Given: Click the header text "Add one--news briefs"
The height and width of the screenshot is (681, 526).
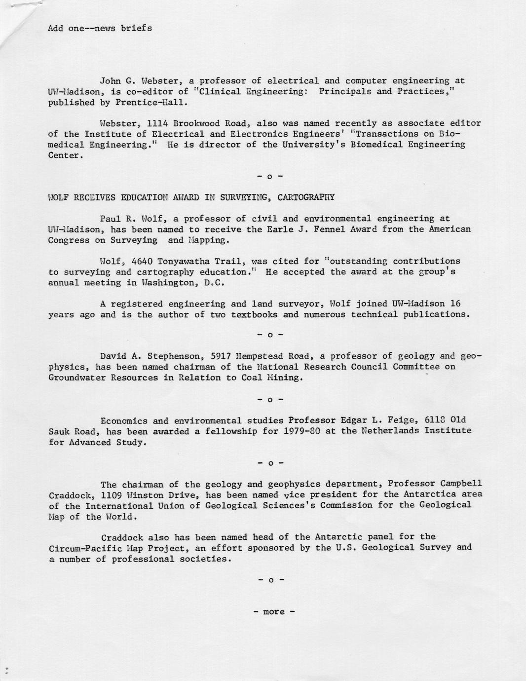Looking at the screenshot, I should [100, 28].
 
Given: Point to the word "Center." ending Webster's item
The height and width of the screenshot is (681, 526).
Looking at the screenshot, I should [64, 155].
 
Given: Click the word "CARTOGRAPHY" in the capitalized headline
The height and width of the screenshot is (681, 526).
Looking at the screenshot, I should [306, 197].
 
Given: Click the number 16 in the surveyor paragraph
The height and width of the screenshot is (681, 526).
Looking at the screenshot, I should [455, 303].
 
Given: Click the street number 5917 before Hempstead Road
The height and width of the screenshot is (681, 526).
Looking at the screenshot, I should [221, 356].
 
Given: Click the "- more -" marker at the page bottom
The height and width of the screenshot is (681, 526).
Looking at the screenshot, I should [274, 612].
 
